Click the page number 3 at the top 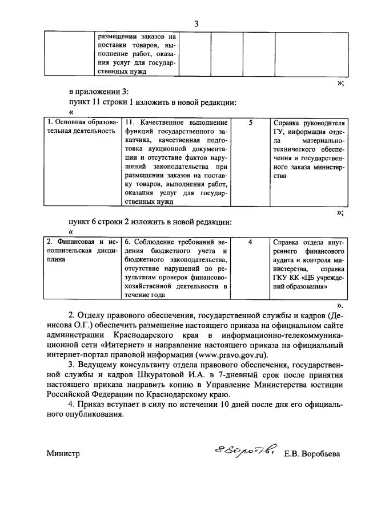(x=196, y=23)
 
